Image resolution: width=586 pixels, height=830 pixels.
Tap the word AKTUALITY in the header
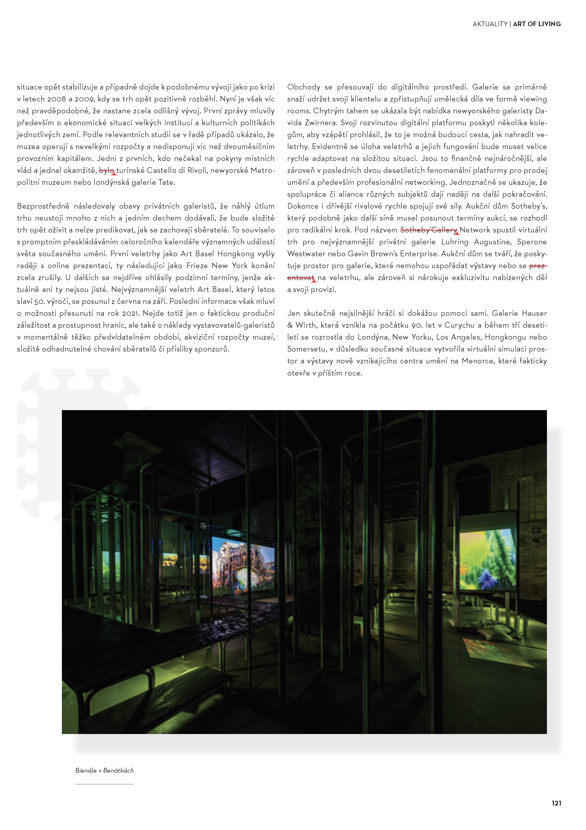490,24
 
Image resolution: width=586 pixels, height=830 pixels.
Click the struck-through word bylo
106,170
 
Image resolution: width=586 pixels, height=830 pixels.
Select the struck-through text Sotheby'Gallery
429,230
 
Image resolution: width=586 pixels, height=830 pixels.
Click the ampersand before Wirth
290,325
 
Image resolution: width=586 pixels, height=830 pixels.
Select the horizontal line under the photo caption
105,784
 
